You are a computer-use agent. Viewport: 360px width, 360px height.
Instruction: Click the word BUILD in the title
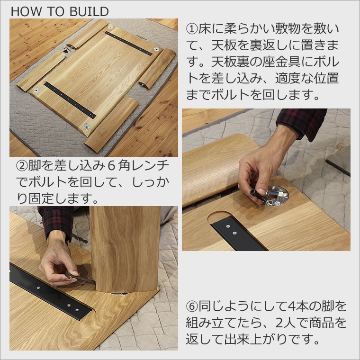[89, 12]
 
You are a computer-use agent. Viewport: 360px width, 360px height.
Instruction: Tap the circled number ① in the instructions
[192, 29]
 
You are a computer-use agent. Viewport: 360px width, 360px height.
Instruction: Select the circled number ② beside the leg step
[22, 166]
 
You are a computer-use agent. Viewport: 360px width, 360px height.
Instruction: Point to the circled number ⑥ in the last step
[192, 306]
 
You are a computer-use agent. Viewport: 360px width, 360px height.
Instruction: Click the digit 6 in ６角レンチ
[111, 166]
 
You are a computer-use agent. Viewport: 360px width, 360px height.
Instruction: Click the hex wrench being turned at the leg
[79, 278]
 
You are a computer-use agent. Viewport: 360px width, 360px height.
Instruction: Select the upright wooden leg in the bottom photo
[125, 249]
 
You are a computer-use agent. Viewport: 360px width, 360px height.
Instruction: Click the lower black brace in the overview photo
[70, 100]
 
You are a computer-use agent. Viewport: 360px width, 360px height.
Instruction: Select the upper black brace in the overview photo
[128, 44]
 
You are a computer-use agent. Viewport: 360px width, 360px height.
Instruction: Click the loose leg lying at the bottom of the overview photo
[112, 125]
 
